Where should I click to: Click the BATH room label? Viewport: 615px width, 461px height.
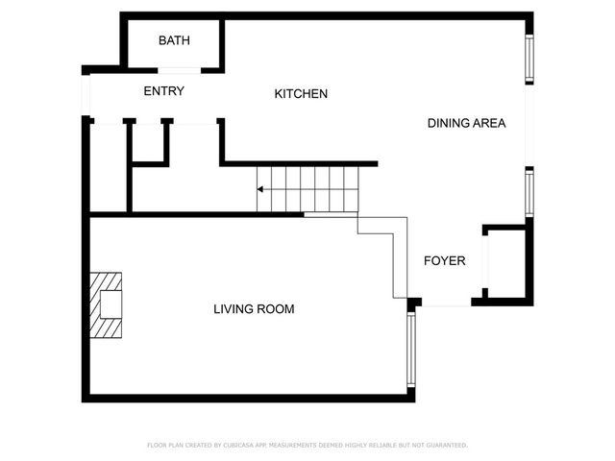[174, 40]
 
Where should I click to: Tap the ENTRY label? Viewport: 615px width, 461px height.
[163, 91]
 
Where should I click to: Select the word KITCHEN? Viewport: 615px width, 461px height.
[301, 94]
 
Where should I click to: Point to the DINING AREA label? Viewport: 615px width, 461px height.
[466, 123]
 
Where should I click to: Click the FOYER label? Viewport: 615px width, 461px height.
[444, 261]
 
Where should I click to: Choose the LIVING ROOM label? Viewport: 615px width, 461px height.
[254, 309]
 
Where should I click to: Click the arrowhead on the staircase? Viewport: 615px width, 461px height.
[260, 190]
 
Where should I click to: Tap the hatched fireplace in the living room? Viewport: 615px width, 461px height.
[107, 304]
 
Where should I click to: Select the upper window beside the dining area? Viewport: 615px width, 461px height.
[528, 61]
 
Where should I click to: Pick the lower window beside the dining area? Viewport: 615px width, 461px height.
[528, 192]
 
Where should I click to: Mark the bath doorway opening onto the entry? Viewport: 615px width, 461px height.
[179, 70]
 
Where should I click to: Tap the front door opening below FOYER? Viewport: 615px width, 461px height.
[446, 305]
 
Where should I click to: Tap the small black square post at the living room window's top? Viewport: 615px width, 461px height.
[413, 304]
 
